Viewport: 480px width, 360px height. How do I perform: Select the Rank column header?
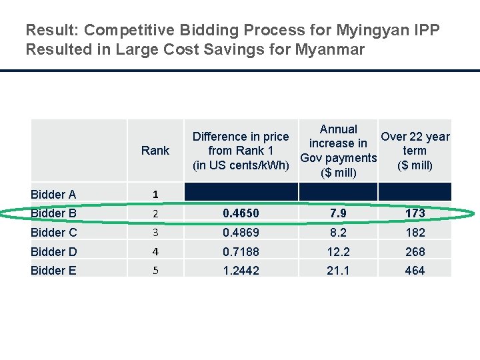pos(155,151)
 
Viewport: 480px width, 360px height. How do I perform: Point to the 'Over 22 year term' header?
pos(415,151)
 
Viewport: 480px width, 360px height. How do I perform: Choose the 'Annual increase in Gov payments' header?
pos(339,151)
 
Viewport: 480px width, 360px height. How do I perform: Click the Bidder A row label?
pos(53,195)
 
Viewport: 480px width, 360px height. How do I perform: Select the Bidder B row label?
pos(53,213)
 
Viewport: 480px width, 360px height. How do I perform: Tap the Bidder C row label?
pos(53,233)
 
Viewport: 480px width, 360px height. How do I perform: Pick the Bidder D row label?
pos(53,252)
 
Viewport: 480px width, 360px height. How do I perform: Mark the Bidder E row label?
pos(53,271)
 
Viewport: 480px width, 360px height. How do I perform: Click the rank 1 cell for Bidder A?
pos(155,195)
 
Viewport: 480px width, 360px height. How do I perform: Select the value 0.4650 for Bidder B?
pos(241,213)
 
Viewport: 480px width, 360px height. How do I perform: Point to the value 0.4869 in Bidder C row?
pos(241,233)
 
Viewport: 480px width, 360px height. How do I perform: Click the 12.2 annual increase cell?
pos(339,252)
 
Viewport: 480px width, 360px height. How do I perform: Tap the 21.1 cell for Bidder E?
pos(339,271)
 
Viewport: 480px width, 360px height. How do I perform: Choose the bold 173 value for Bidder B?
pos(415,213)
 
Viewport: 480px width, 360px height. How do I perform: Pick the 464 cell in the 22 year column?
pos(415,271)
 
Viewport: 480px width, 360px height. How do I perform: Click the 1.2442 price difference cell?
pos(241,271)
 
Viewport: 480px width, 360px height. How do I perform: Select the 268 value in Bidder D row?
pos(415,252)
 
